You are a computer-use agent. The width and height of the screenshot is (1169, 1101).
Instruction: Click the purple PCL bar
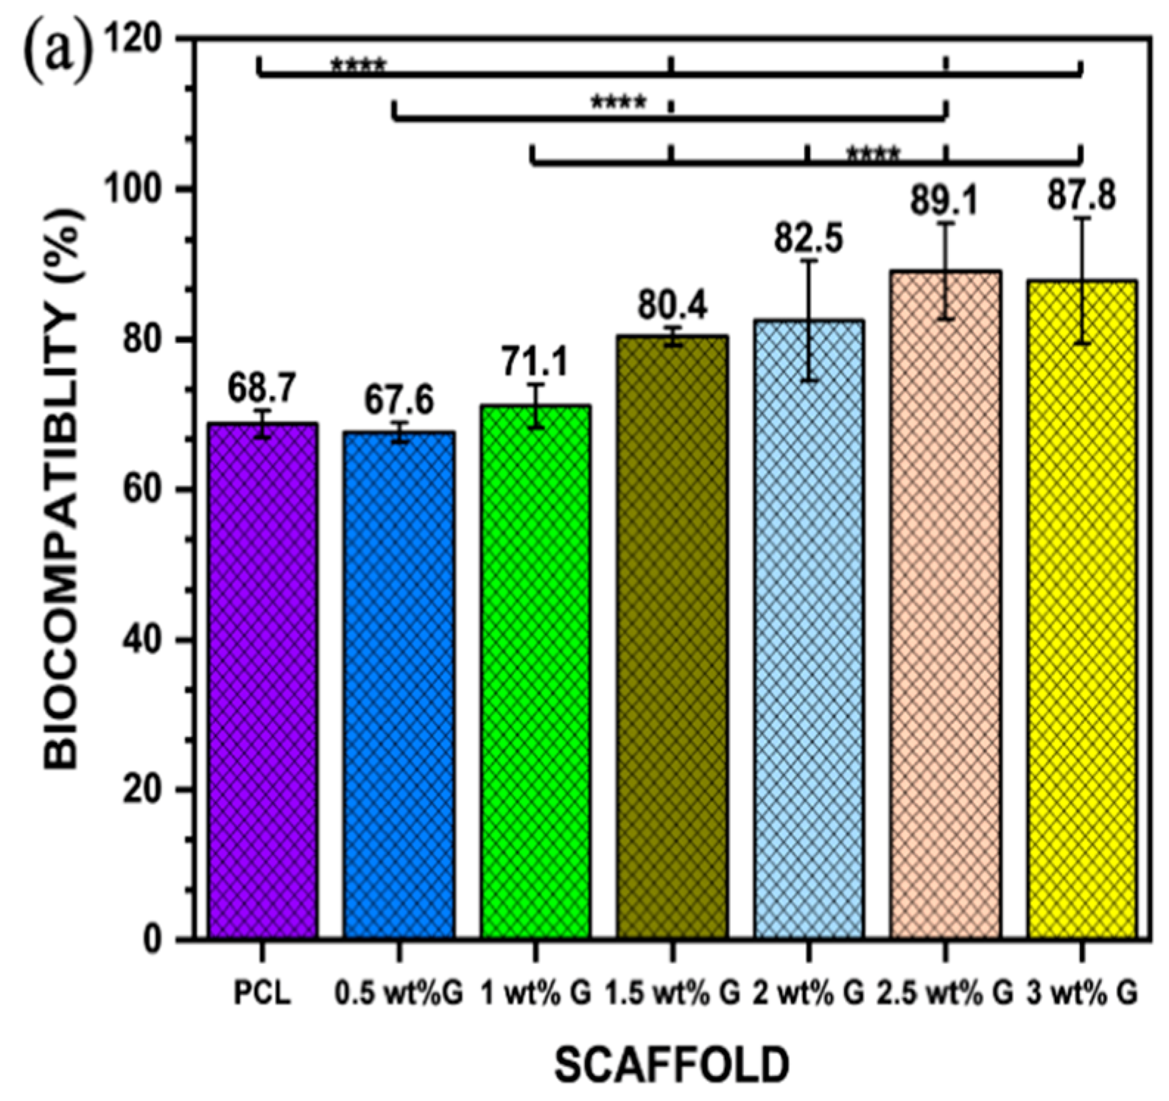point(263,681)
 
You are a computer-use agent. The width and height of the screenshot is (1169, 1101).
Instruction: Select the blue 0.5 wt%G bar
point(399,685)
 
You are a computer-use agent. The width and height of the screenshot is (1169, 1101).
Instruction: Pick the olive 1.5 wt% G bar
point(672,637)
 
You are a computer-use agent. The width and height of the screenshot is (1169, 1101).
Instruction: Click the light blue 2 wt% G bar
point(808,630)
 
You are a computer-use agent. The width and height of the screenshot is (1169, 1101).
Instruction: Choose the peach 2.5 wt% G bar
point(945,604)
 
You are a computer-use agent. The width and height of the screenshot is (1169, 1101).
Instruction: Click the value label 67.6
point(399,401)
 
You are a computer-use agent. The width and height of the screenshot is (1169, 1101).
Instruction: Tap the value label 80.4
point(672,305)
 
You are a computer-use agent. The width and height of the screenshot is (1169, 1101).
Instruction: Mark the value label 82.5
point(808,238)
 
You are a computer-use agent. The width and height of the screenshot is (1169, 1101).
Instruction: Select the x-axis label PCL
point(262,993)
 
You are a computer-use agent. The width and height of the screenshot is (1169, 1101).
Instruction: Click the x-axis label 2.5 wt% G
point(945,993)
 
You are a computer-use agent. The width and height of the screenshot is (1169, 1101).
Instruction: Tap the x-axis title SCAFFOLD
point(672,1065)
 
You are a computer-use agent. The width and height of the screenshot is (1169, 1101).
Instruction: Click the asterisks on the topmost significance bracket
point(358,66)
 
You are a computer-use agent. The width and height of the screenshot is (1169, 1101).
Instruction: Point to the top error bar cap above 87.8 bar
point(1081,218)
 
